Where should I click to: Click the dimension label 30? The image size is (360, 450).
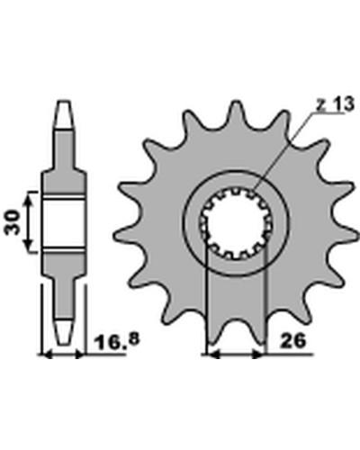[12, 222]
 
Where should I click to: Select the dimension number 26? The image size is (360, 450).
[292, 341]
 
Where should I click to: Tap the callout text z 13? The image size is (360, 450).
[335, 104]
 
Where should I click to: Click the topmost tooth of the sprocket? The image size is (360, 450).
[236, 111]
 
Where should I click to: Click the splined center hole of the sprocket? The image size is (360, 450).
[236, 223]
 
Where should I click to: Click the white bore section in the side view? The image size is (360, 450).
[63, 223]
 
